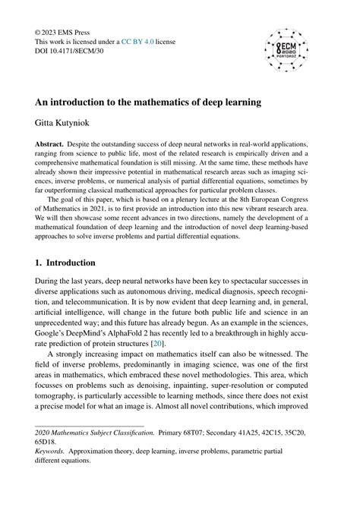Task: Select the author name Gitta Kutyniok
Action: tap(68, 120)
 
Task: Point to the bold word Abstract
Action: tap(51, 143)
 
